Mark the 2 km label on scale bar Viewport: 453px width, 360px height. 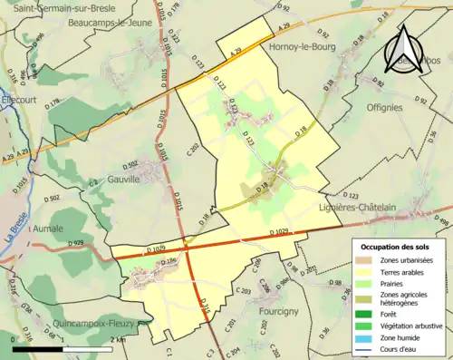coord(118,339)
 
